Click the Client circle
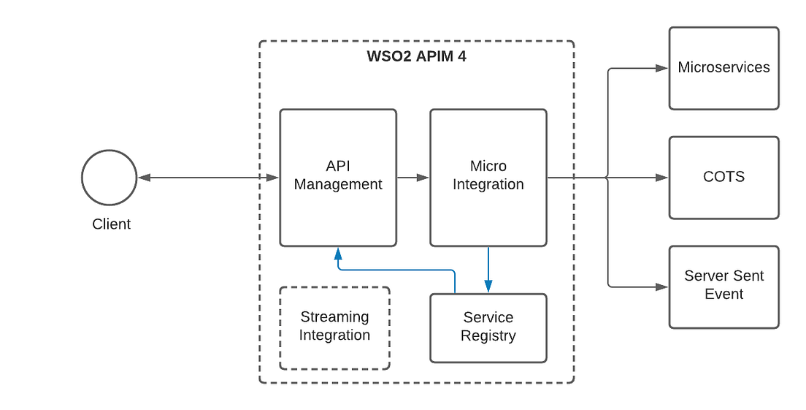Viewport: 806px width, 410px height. pos(109,178)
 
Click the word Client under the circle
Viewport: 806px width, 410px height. pos(112,224)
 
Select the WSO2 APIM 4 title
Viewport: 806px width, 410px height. pos(416,57)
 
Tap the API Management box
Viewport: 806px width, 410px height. pos(338,178)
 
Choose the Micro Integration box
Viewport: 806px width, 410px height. pos(488,178)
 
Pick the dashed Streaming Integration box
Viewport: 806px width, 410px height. pos(334,327)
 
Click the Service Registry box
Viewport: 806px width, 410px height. pos(488,328)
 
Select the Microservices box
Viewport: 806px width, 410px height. pos(724,68)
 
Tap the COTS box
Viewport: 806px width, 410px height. pos(724,178)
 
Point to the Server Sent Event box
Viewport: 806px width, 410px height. pos(724,286)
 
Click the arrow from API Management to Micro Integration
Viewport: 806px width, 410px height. pos(413,178)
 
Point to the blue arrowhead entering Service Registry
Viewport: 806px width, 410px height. pos(488,286)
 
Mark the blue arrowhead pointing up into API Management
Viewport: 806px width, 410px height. pos(337,254)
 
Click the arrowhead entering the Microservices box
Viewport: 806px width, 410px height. pos(661,68)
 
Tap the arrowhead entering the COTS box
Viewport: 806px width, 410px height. pos(661,178)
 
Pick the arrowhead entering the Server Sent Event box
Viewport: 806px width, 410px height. pos(661,286)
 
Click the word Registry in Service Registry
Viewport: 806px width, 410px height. pos(488,336)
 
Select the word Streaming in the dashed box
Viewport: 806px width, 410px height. pos(334,317)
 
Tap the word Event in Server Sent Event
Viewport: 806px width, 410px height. pos(724,295)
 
